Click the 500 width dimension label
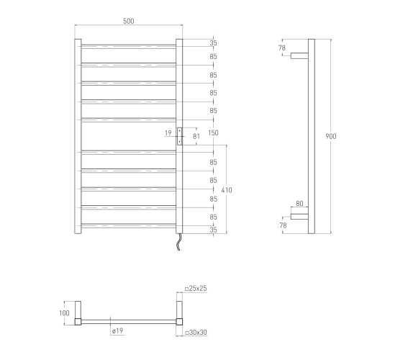(129, 21)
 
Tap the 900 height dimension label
(331, 136)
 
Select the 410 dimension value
(227, 190)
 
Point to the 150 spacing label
(213, 133)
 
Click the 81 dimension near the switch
(196, 136)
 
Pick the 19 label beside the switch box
(168, 133)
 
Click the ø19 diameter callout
(118, 330)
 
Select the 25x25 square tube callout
(196, 289)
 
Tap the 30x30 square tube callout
(196, 333)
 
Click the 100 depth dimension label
(64, 313)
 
